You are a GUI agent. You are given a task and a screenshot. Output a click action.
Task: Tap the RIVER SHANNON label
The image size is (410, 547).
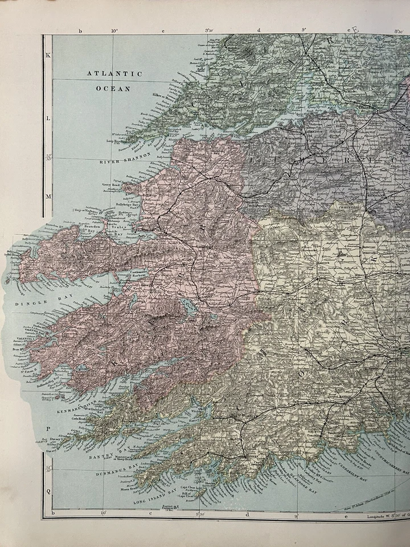coord(125,158)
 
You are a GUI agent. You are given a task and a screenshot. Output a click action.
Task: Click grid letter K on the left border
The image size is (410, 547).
coord(48,55)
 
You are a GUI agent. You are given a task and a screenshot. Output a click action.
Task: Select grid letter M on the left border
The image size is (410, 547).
coord(48,196)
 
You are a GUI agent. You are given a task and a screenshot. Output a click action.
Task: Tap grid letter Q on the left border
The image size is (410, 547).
coord(48,490)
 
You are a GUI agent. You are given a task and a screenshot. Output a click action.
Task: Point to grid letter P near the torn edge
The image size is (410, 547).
coord(48,428)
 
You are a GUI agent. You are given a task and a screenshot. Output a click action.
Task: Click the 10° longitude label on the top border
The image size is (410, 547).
coord(114,31)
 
